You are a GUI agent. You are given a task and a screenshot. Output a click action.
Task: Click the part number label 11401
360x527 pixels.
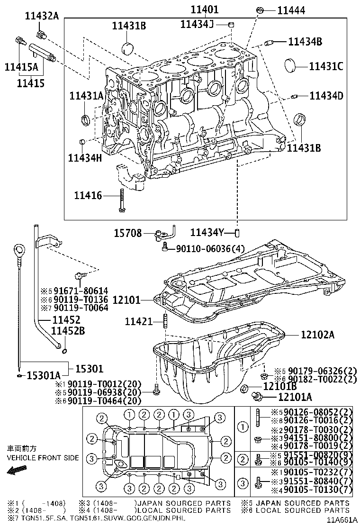[205, 9]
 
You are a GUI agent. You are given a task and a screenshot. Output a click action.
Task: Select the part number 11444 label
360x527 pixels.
[291, 9]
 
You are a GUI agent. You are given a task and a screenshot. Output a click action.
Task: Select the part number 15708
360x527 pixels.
[127, 233]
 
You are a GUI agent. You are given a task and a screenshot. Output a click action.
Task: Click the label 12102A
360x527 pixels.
[317, 335]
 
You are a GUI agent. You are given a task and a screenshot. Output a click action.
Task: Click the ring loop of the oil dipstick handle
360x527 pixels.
[18, 250]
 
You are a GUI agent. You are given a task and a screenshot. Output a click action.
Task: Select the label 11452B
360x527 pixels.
[68, 331]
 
